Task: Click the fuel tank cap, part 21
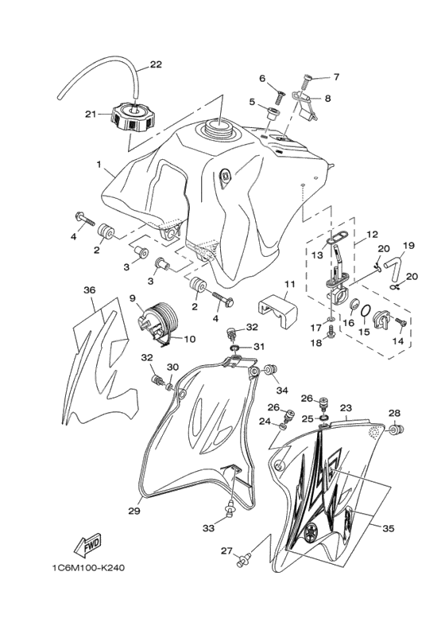pyautogui.click(x=132, y=116)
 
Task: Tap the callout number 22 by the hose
pyautogui.click(x=156, y=64)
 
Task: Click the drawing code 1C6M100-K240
pyautogui.click(x=88, y=568)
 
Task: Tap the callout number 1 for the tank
pyautogui.click(x=98, y=164)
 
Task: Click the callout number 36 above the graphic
pyautogui.click(x=90, y=290)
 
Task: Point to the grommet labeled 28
pyautogui.click(x=397, y=430)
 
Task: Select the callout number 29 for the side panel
pyautogui.click(x=134, y=511)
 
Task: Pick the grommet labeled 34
pyautogui.click(x=271, y=369)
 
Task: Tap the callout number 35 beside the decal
pyautogui.click(x=388, y=528)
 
